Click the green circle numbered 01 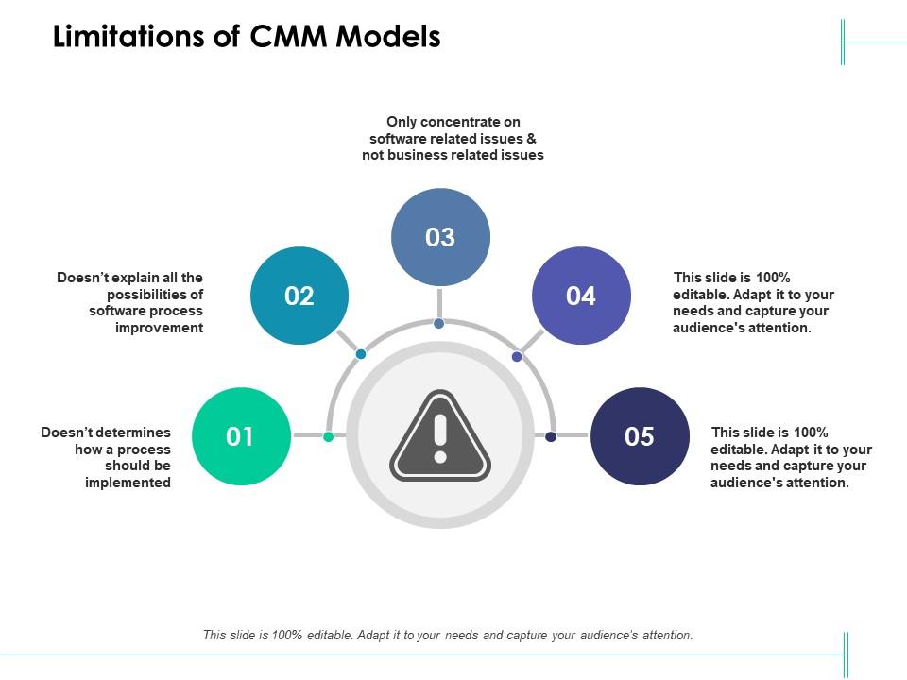240,436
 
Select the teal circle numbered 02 299,296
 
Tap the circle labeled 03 440,237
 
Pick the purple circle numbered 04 581,296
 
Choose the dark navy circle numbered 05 640,436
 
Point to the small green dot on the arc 329,436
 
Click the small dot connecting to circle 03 439,324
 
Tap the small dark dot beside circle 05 551,436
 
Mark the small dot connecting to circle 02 361,354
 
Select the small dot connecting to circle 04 517,356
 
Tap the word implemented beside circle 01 128,483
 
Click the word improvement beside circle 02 159,328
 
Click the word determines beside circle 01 130,433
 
